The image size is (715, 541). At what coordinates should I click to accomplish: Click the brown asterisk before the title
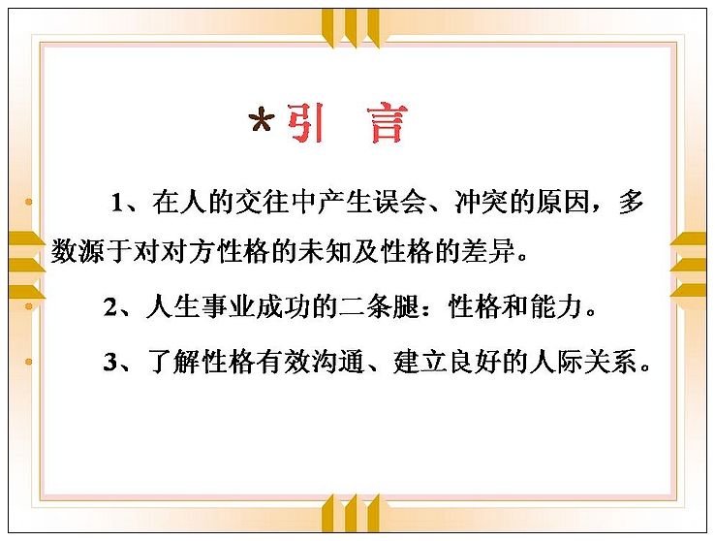(x=262, y=119)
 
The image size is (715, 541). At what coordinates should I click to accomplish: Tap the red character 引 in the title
(x=306, y=122)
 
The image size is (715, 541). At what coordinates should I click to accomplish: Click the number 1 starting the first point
(x=117, y=203)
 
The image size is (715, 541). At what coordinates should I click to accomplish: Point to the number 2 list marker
(x=110, y=307)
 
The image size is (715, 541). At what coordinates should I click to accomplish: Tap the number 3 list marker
(x=110, y=363)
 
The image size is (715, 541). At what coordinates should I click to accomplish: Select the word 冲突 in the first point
(x=482, y=202)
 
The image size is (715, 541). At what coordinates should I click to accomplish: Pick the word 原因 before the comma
(x=563, y=202)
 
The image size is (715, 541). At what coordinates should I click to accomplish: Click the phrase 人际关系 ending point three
(x=583, y=362)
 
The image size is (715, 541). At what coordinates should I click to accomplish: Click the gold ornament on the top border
(x=350, y=28)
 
